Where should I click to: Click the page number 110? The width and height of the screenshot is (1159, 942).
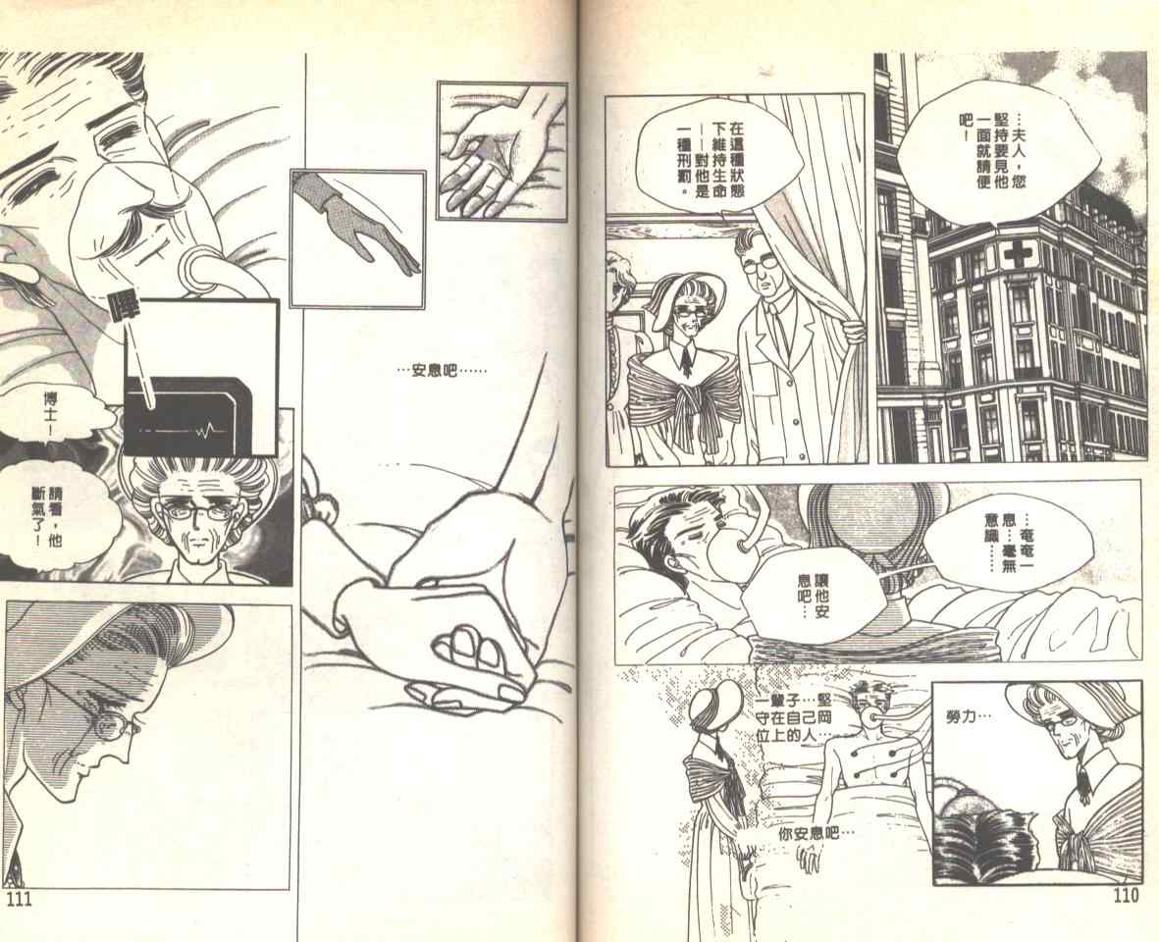(1125, 896)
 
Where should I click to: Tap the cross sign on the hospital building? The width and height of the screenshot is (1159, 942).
(1018, 256)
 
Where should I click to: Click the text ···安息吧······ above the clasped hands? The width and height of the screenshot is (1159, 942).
(442, 369)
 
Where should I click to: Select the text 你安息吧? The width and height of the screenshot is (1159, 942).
(817, 833)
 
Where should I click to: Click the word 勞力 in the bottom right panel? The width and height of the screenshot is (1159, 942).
(970, 716)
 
